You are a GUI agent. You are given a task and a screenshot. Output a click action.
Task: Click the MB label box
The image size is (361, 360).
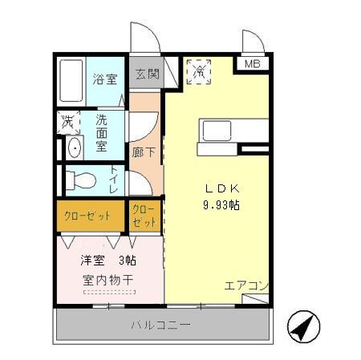251,64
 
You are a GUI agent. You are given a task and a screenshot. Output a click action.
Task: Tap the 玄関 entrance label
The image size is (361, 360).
146,75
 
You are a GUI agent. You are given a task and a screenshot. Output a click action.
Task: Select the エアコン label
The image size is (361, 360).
246,285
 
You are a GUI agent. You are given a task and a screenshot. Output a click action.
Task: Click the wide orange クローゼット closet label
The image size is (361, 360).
87,216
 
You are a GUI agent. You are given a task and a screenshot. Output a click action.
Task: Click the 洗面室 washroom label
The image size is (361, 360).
103,131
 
